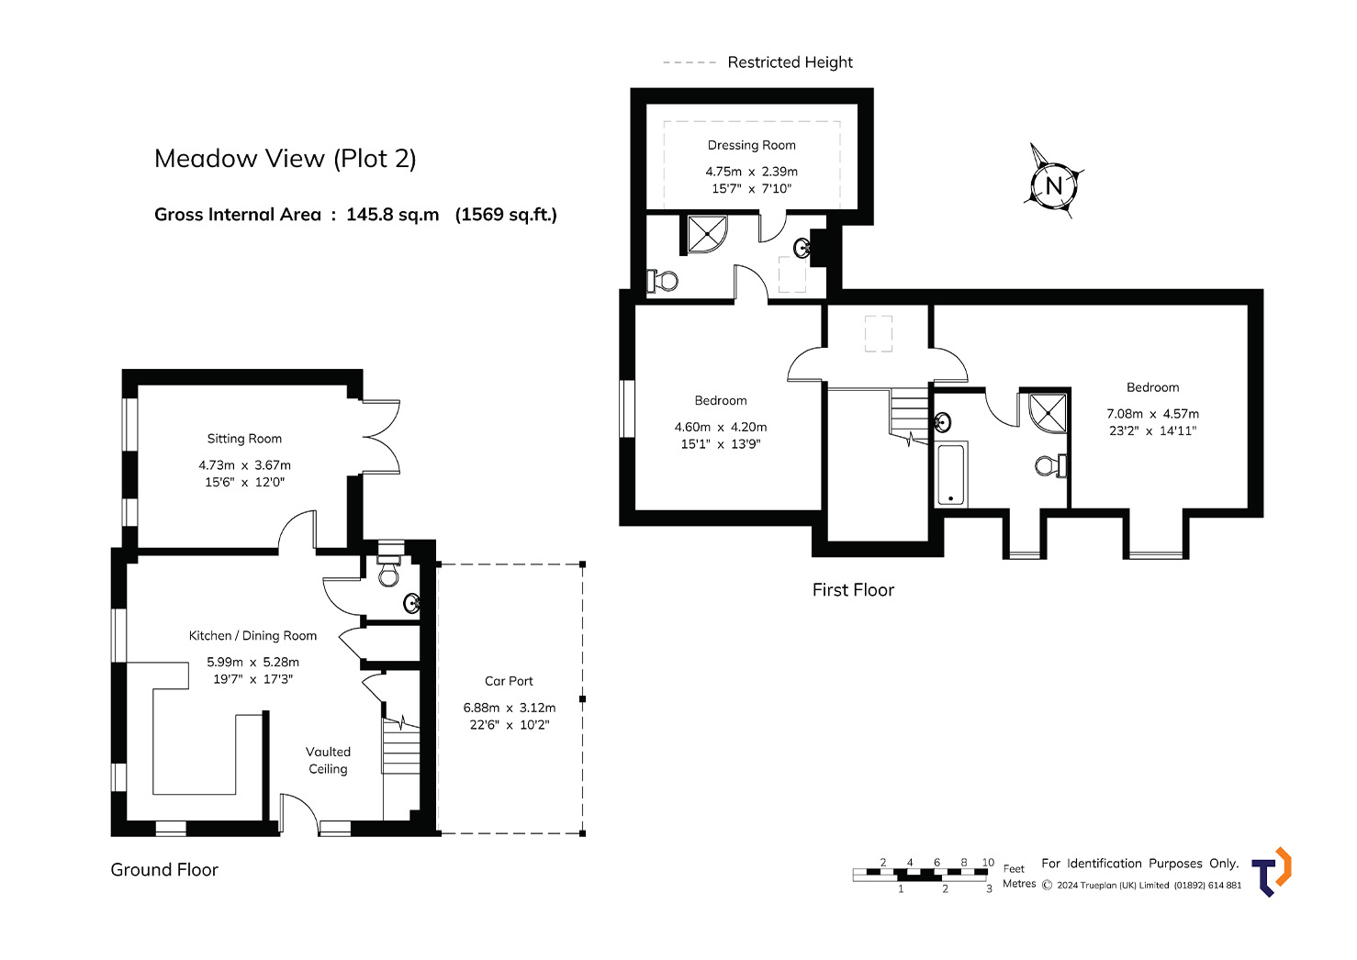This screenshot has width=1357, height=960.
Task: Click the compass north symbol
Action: [1053, 184]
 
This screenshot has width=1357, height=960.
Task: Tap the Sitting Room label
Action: [244, 439]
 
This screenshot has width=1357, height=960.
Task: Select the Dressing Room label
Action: [751, 145]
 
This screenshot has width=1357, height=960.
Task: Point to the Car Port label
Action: [509, 681]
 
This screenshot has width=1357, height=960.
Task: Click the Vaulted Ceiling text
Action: [328, 760]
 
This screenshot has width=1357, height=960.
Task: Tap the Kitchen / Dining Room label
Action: [252, 635]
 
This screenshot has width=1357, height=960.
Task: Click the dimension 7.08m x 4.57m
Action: [1153, 414]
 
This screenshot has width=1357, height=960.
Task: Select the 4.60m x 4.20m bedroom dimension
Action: [721, 427]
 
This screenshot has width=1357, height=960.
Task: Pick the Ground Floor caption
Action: [164, 870]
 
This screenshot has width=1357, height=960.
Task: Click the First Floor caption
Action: [853, 590]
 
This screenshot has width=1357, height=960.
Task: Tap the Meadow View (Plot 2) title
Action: [286, 159]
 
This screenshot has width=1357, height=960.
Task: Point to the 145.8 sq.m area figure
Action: [393, 215]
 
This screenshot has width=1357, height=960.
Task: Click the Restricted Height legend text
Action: [790, 62]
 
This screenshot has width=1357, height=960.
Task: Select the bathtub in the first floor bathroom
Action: [952, 474]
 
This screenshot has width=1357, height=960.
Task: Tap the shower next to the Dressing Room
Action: [707, 234]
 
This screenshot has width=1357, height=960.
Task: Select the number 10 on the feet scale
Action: [988, 863]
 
